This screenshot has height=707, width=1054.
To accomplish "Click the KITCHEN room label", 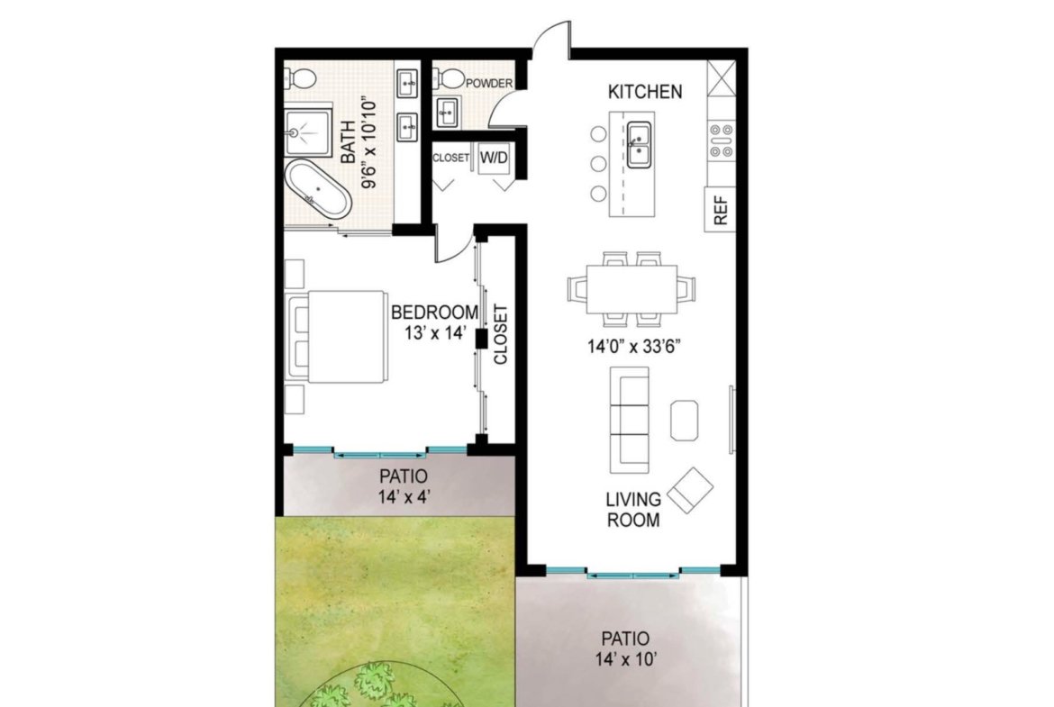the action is [x=645, y=91].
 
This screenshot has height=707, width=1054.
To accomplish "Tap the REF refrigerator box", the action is [x=720, y=210].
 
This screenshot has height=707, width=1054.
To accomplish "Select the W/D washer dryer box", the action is [x=494, y=158].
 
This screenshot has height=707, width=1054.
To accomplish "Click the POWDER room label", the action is [x=488, y=84].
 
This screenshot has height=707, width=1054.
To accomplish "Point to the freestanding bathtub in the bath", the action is [x=317, y=189].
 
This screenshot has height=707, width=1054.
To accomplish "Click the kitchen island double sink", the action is [x=639, y=144].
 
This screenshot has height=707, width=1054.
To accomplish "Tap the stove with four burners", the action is [x=722, y=140].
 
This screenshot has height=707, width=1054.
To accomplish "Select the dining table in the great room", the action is [x=631, y=289].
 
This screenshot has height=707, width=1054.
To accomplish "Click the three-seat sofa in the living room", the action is [x=629, y=420].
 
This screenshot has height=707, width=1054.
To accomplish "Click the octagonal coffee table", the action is [x=685, y=420].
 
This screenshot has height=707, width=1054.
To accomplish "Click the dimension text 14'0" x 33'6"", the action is [x=634, y=347].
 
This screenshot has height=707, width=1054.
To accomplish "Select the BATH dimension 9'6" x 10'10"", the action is [x=369, y=145].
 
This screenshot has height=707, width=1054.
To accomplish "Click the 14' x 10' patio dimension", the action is [x=625, y=659].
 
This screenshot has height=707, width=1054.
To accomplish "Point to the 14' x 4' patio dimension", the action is [x=404, y=497].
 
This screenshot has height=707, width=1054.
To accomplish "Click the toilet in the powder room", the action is [x=449, y=79].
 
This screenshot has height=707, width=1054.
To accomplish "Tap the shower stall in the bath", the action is [x=308, y=131].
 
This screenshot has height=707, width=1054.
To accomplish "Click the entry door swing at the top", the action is [x=552, y=39].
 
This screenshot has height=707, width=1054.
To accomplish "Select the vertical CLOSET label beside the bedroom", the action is [x=501, y=335].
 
